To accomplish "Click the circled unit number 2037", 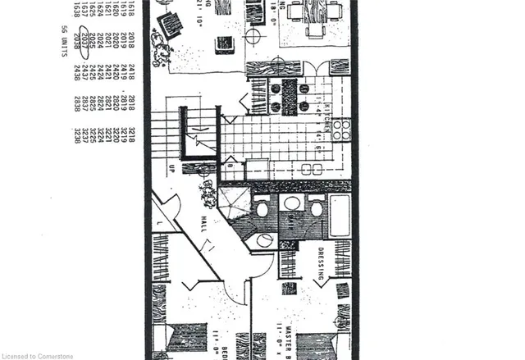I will click(x=77, y=42).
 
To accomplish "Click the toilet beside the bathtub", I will click(x=317, y=208).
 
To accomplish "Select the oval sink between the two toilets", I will click(x=291, y=203).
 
